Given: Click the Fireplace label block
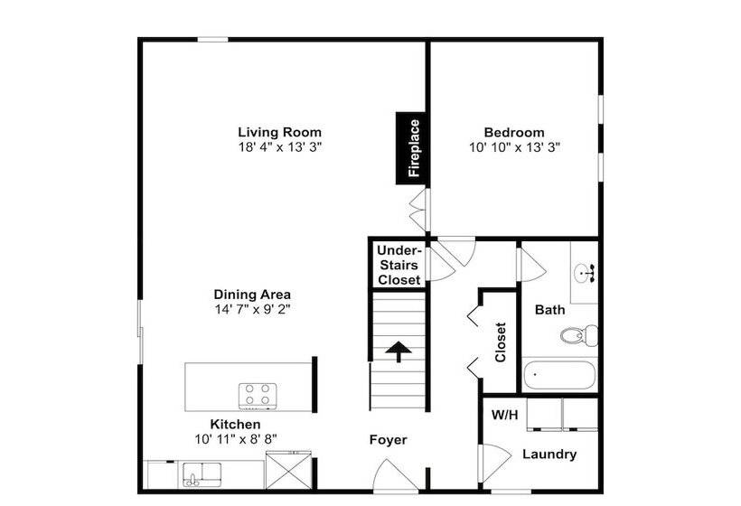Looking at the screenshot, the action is [x=410, y=148].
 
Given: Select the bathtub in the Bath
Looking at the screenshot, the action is [x=559, y=376].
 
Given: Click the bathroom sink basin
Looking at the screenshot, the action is [x=584, y=273].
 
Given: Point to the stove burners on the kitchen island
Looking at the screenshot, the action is [x=258, y=396].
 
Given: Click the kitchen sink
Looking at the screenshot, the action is [x=202, y=474].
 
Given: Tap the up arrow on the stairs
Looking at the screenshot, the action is [x=399, y=351].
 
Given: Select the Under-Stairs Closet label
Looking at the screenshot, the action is [x=399, y=265].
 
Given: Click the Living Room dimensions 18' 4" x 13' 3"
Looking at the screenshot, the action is [x=280, y=147].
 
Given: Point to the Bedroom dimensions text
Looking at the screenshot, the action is [x=514, y=147].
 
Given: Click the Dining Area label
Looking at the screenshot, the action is [x=252, y=295].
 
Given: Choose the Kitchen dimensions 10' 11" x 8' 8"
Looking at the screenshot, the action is [x=235, y=439].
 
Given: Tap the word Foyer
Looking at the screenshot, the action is [x=388, y=440].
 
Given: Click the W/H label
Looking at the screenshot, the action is [x=505, y=415].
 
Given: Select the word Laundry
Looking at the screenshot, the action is [x=549, y=454].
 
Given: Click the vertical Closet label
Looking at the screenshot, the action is [x=501, y=342].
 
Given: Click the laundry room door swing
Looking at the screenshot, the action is [x=494, y=464].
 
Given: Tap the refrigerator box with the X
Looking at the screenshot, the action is [x=289, y=471].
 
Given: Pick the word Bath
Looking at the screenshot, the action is [x=549, y=310].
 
